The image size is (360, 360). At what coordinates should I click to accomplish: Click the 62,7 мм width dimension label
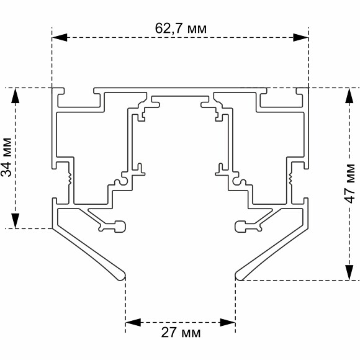181,28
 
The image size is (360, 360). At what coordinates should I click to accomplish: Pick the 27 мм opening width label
181,333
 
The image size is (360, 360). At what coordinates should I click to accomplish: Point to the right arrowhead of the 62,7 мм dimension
301,37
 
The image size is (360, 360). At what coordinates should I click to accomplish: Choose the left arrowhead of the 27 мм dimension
133,322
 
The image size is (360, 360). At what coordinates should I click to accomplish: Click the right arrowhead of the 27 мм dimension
228,322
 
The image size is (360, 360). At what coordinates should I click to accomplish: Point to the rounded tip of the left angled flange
122,274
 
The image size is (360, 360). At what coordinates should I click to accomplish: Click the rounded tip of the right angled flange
238,274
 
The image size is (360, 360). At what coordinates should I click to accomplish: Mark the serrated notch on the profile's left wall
71,179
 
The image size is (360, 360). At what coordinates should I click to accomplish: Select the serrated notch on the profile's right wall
290,179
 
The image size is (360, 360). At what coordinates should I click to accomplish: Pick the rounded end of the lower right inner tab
239,226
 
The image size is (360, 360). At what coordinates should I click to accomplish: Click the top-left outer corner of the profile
53,88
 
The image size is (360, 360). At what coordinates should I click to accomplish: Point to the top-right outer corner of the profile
308,88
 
